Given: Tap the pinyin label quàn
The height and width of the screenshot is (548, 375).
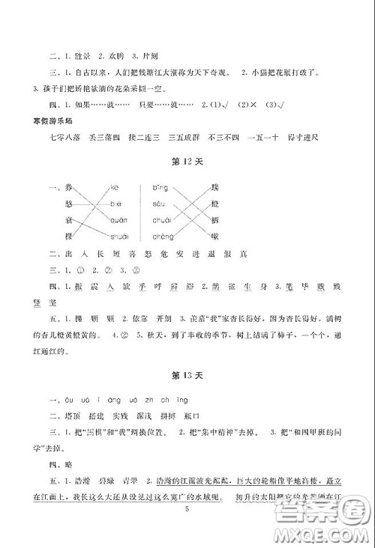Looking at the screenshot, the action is pos(118,219).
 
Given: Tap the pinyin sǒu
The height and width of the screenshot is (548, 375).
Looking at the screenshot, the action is pos(158,204).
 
